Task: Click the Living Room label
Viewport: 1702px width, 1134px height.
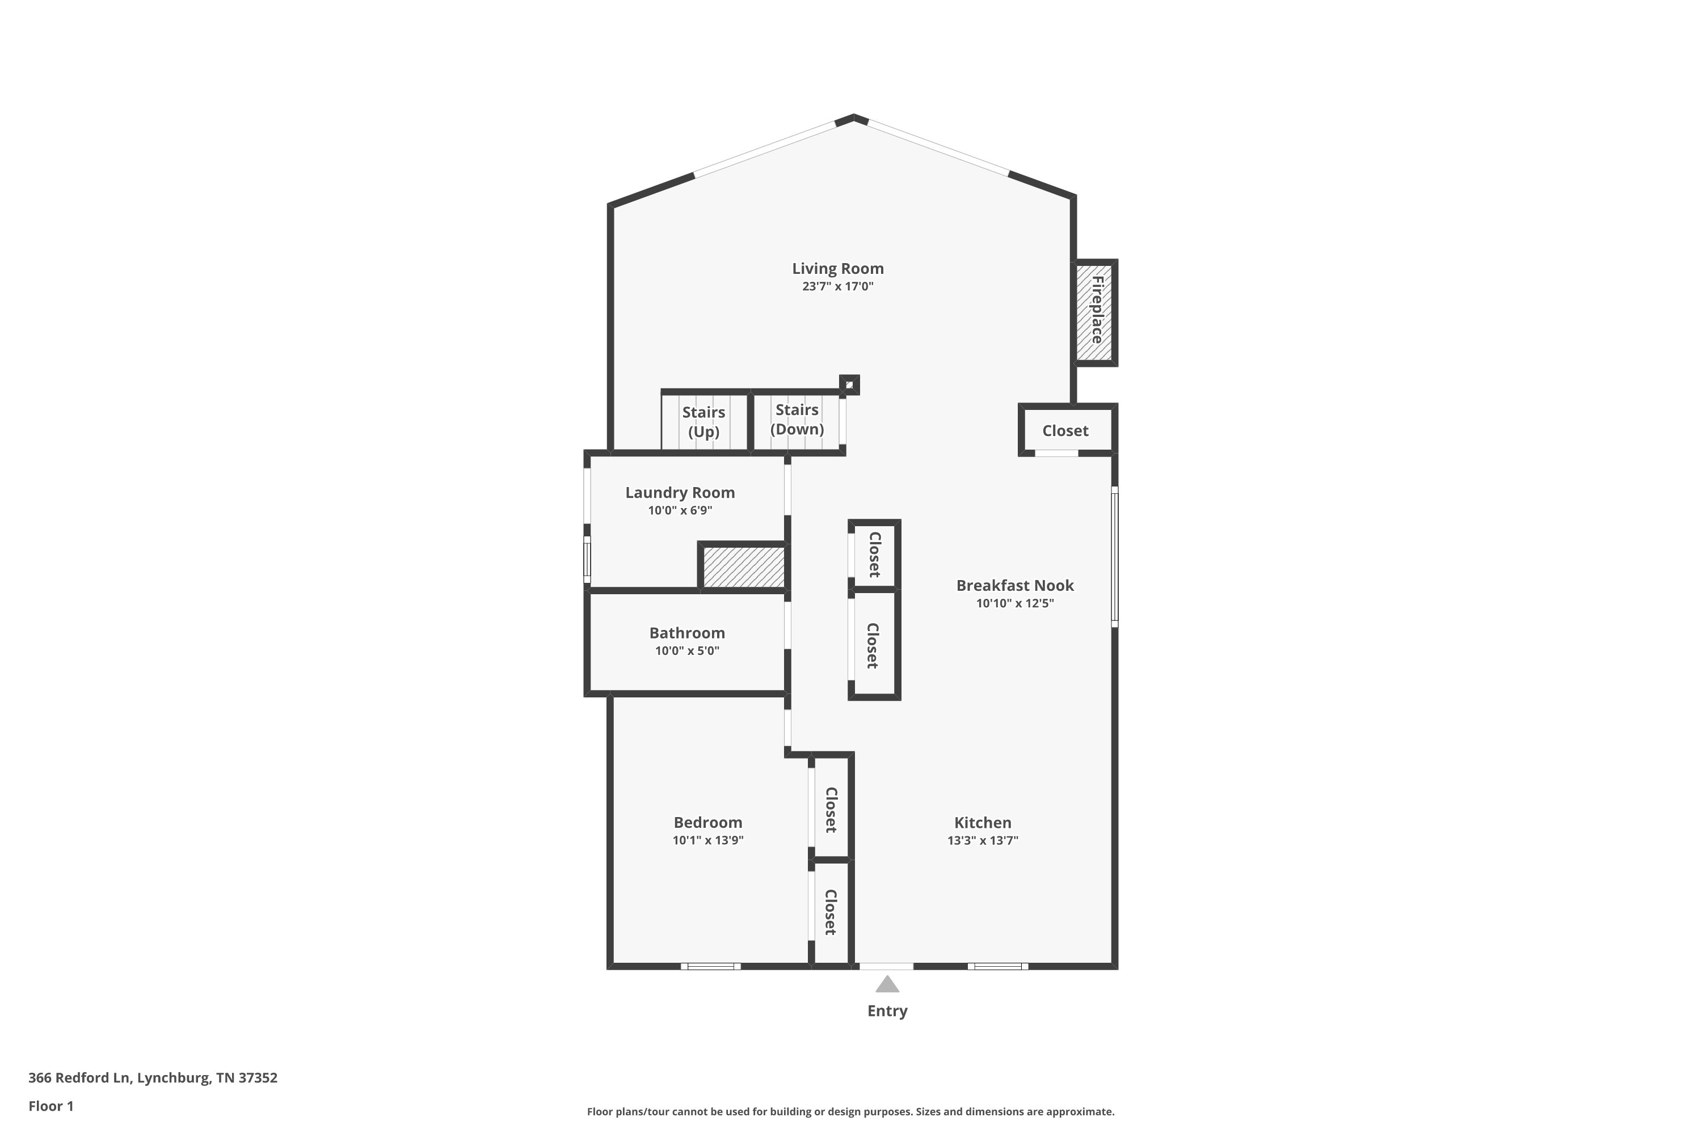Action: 837,269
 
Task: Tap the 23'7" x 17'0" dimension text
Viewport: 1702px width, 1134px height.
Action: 837,286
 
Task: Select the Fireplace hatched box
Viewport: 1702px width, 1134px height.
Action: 1095,312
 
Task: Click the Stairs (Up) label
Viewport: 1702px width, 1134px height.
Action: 703,422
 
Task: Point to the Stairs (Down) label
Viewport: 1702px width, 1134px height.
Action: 797,420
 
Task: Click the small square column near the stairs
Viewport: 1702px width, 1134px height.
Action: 849,385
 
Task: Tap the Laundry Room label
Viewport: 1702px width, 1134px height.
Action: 680,493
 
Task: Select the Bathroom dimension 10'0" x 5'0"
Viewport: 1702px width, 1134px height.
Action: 686,651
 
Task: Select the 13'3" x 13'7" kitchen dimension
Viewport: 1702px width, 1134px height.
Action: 983,840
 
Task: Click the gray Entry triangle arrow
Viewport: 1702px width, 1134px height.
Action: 887,985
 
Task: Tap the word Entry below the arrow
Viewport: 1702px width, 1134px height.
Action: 887,1011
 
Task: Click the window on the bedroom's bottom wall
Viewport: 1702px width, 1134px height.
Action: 711,966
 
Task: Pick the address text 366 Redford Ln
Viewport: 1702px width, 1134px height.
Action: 79,1078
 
